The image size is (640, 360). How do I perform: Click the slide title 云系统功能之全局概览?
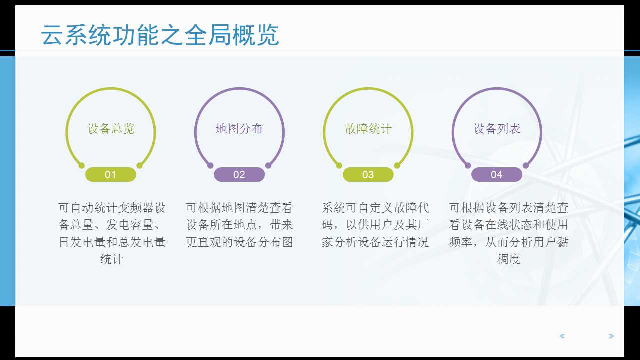pos(160,35)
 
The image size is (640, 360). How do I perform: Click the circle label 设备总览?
pos(111,129)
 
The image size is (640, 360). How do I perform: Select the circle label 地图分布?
pos(239,129)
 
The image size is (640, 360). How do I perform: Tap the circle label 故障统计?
pos(368,129)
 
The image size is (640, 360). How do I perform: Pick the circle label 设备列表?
pos(497,129)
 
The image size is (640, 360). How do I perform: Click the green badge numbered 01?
pos(110,175)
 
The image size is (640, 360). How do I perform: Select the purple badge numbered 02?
pos(239,175)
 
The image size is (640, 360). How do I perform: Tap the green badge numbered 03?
pos(368,175)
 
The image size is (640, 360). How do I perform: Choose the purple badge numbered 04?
pos(496,175)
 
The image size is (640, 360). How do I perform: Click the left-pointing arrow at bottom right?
pos(562,336)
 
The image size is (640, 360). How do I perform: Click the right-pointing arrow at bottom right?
pos(611,336)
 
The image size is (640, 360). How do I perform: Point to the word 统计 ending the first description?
pos(112,259)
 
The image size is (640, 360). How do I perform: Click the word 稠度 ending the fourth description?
pos(509,259)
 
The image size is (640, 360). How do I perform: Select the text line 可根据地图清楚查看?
pos(239,208)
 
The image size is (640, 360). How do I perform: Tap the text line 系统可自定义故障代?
pos(375,208)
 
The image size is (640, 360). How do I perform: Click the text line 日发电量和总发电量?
pos(112,242)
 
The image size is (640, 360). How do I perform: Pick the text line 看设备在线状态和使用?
pos(509,225)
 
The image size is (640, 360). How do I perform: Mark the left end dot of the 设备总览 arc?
pos(82,165)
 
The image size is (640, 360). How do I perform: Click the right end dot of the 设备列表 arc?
pos(526,165)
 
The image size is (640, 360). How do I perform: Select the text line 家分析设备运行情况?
pos(375,242)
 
